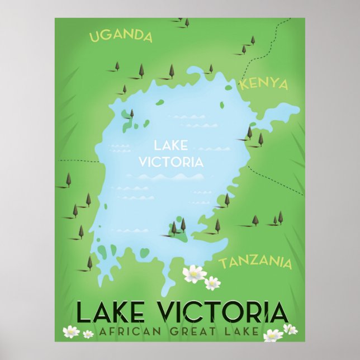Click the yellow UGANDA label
121,36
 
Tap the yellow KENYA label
263,84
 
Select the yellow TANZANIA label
255,262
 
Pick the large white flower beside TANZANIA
194,273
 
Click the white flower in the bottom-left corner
71,331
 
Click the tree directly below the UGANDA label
117,66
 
